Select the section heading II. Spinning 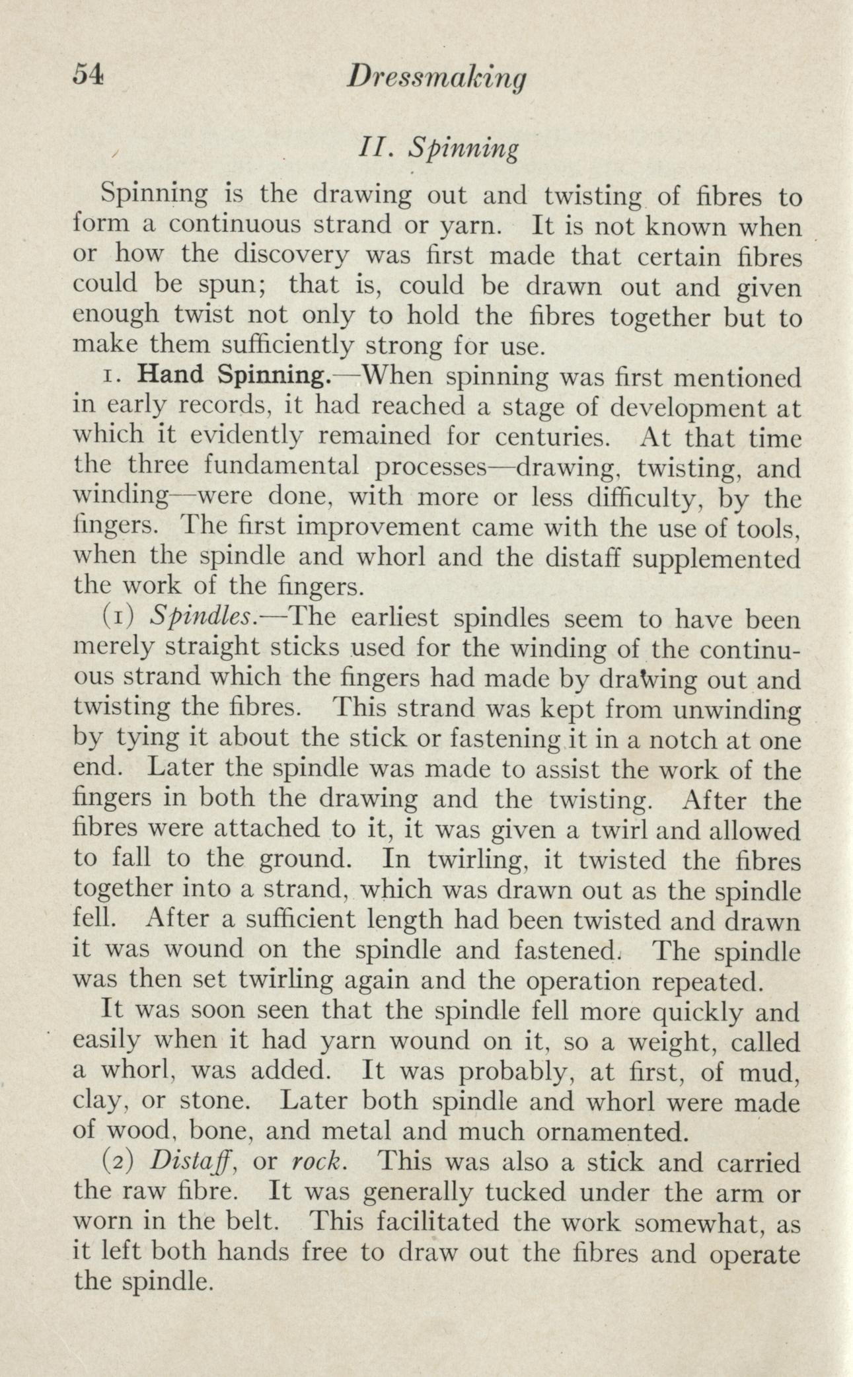pyautogui.click(x=436, y=150)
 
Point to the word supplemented pyautogui.click(x=716, y=558)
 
